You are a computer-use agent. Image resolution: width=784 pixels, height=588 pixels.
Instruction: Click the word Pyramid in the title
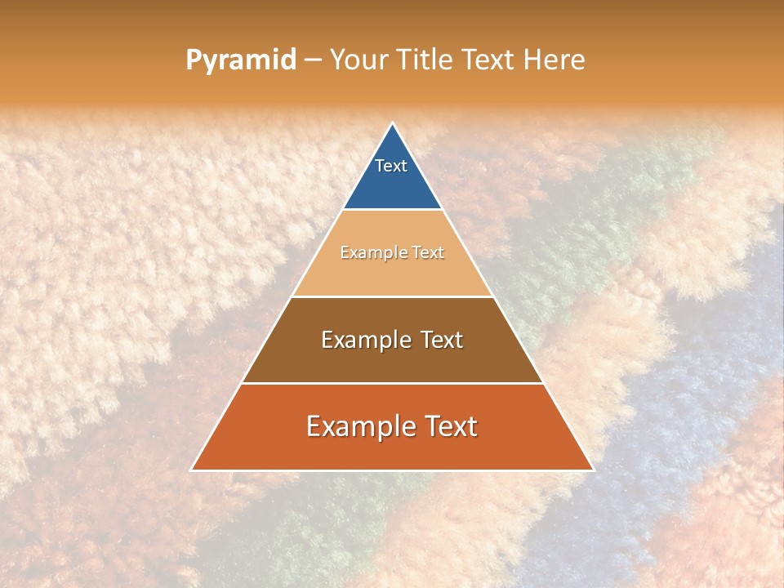[240, 60]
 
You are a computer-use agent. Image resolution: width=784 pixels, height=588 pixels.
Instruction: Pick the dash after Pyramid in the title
[312, 60]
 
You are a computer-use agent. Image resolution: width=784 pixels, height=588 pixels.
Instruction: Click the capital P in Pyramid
[193, 60]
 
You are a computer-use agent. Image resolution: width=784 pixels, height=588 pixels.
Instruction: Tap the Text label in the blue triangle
[391, 166]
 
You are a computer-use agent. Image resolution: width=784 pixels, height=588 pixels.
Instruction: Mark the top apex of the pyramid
[392, 123]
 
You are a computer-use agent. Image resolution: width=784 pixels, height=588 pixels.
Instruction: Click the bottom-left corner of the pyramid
[192, 470]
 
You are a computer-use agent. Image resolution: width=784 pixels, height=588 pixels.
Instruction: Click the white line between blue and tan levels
[392, 209]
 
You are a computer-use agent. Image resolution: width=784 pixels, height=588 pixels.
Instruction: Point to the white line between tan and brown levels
[392, 296]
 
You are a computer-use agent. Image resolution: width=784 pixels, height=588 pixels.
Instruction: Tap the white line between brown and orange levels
[392, 383]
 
